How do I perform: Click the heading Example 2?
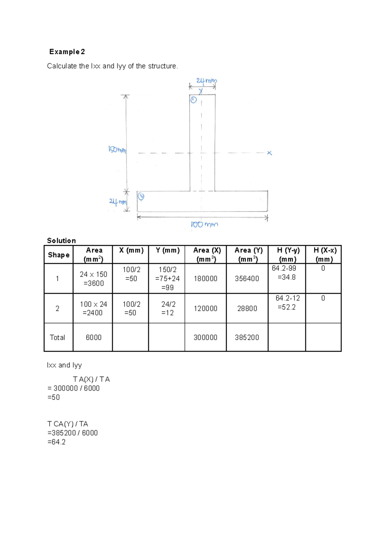pyautogui.click(x=67, y=52)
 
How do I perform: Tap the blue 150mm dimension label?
pyautogui.click(x=117, y=150)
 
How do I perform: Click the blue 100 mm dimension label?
pyautogui.click(x=204, y=225)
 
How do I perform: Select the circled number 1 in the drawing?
pyautogui.click(x=193, y=100)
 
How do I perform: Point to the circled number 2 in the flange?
pyautogui.click(x=141, y=197)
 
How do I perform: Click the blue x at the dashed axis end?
pyautogui.click(x=269, y=153)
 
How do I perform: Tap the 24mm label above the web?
pyautogui.click(x=206, y=81)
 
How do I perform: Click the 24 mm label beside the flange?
pyautogui.click(x=118, y=202)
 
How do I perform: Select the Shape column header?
pyautogui.click(x=58, y=255)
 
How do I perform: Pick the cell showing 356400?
pyautogui.click(x=247, y=278)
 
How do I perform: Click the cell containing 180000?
pyautogui.click(x=205, y=278)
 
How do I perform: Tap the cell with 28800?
pyautogui.click(x=247, y=309)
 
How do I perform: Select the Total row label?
pyautogui.click(x=57, y=337)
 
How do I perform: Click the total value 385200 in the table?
pyautogui.click(x=247, y=337)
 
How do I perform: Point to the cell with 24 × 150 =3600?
pyautogui.click(x=93, y=279)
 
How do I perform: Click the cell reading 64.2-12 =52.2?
pyautogui.click(x=287, y=303)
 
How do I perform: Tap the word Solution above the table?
pyautogui.click(x=61, y=241)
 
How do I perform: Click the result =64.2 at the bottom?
pyautogui.click(x=57, y=442)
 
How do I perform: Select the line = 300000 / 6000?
pyautogui.click(x=73, y=388)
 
